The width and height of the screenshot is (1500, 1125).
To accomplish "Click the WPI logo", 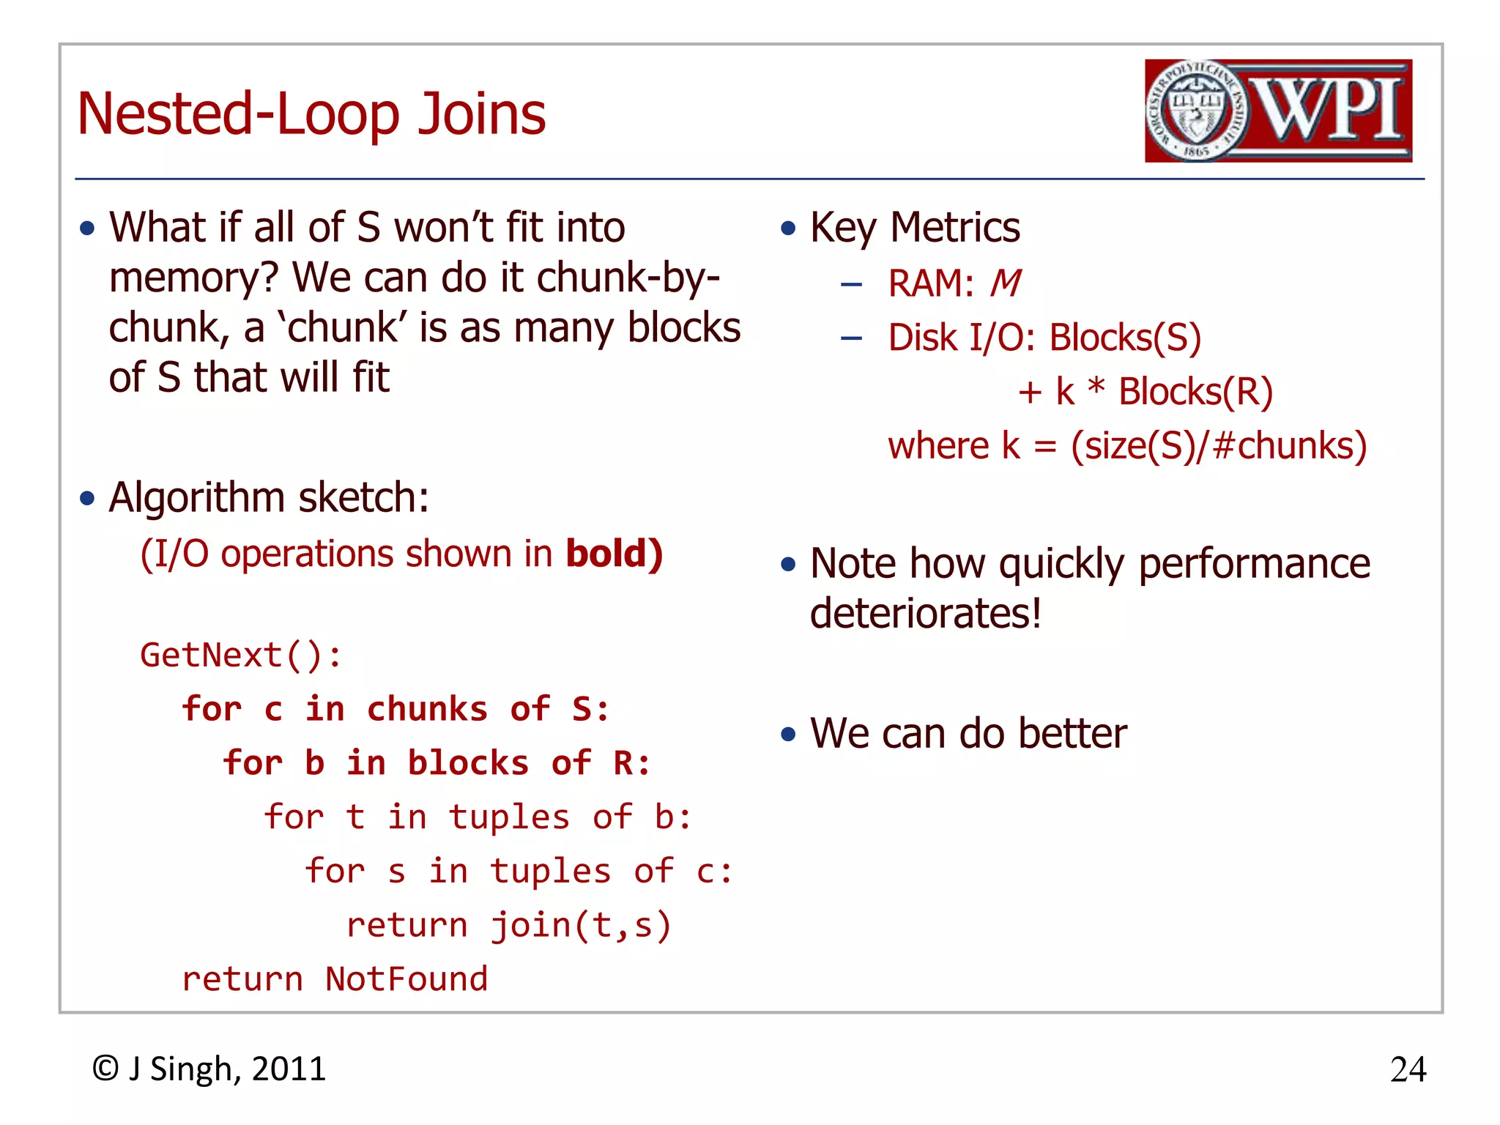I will [1278, 111].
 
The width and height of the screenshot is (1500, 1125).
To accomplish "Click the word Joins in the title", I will [481, 114].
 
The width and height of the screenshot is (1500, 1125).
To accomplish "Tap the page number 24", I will [1407, 1069].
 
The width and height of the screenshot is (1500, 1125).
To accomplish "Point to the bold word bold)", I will [614, 553].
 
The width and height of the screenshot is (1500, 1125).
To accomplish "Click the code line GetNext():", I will [240, 655].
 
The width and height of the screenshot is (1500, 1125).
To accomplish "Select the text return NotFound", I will [334, 979].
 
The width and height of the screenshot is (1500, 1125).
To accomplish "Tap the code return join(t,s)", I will [508, 925].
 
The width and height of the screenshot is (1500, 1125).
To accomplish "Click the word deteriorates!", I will [925, 614].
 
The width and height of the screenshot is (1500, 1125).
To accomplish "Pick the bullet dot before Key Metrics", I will [787, 229].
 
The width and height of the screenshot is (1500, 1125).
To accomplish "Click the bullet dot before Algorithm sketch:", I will [87, 499].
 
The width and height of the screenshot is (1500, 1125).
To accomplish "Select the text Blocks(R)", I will [1195, 392].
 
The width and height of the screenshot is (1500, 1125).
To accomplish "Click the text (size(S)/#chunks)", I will [1218, 445].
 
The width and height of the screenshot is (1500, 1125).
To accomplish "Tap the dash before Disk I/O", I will [850, 338].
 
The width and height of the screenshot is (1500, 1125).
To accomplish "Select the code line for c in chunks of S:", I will [396, 709].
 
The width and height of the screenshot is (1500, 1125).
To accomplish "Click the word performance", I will [1253, 564].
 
